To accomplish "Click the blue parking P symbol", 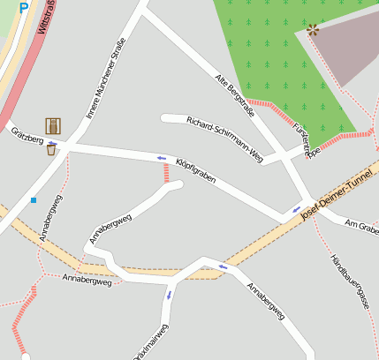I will pyautogui.click(x=23, y=5).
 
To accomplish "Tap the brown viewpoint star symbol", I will pyautogui.click(x=312, y=30).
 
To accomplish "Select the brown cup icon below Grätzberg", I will pyautogui.click(x=51, y=149).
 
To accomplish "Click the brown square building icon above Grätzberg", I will pyautogui.click(x=53, y=126).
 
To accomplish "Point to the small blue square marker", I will pyautogui.click(x=34, y=200).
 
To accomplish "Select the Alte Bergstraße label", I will pyautogui.click(x=235, y=95).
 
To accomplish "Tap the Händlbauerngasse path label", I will pyautogui.click(x=349, y=279).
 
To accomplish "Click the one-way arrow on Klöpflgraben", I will pyautogui.click(x=161, y=158).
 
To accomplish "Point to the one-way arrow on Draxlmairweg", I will pyautogui.click(x=168, y=295).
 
